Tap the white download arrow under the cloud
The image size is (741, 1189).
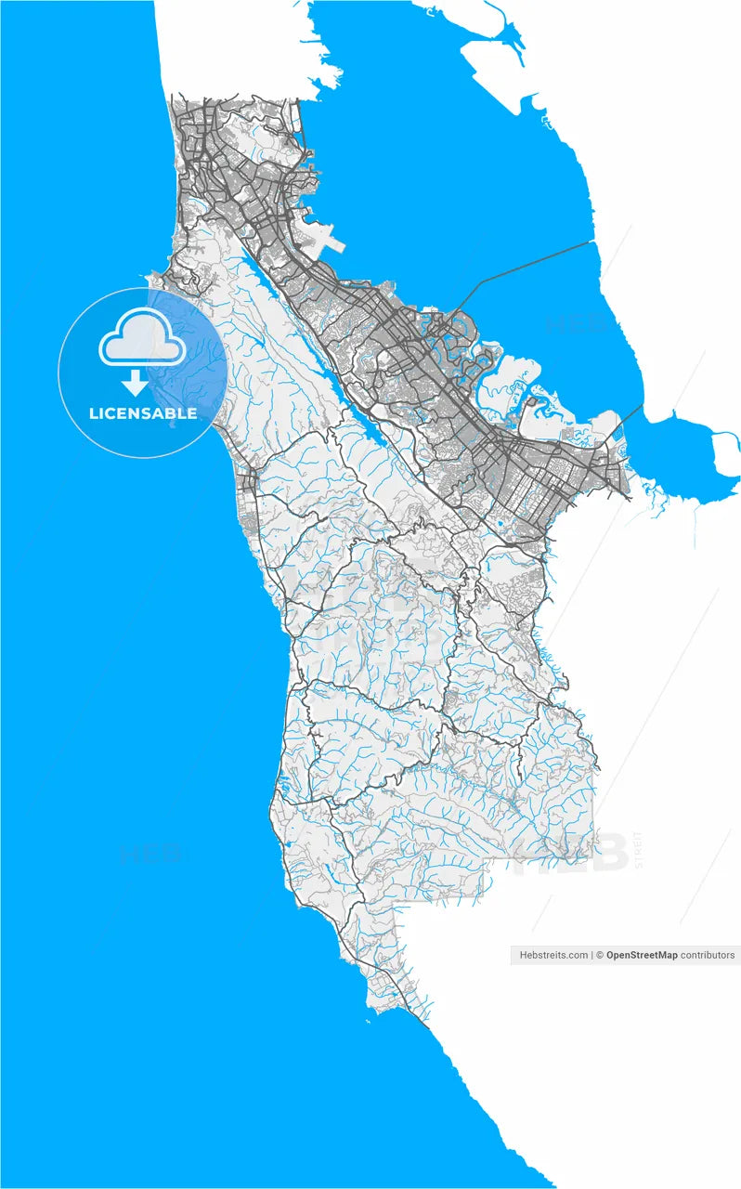tap(136, 382)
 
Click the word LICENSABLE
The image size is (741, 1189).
tap(143, 413)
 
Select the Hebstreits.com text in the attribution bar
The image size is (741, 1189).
tap(553, 955)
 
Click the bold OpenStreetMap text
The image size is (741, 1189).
tap(642, 955)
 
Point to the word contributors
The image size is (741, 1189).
tap(708, 955)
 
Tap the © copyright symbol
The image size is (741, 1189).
tap(600, 955)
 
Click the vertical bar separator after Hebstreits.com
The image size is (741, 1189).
tap(591, 955)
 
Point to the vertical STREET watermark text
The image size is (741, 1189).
tap(638, 850)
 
